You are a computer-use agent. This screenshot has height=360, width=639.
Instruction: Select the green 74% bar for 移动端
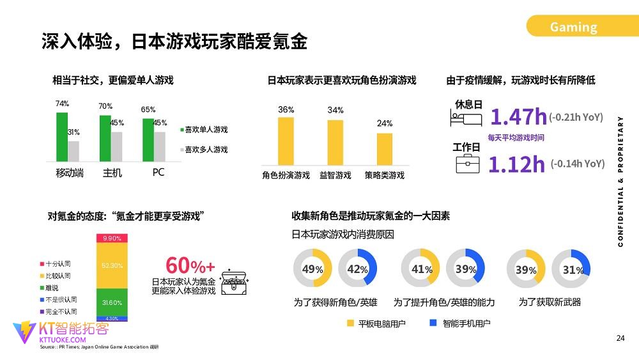(x=61, y=136)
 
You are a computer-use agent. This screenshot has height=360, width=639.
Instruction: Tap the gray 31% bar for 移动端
(x=73, y=151)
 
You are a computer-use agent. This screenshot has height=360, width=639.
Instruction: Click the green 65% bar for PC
(x=148, y=139)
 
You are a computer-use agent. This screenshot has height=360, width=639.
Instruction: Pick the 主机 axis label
(x=112, y=173)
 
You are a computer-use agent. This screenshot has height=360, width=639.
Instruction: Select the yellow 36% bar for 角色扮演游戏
(x=286, y=141)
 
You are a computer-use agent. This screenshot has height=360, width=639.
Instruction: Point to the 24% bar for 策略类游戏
(x=384, y=149)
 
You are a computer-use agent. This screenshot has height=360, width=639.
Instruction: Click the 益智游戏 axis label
(x=335, y=175)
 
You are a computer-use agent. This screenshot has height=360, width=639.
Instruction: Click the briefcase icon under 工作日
(x=467, y=165)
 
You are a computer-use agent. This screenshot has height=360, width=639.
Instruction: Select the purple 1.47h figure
(x=518, y=117)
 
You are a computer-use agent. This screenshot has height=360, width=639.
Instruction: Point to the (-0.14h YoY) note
(x=577, y=164)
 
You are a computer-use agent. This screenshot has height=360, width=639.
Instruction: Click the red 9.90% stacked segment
(x=111, y=239)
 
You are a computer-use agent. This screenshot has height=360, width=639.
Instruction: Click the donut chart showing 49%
(x=312, y=269)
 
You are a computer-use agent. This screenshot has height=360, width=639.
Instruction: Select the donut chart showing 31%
(x=571, y=269)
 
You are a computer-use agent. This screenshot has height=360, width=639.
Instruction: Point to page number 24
(x=620, y=338)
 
